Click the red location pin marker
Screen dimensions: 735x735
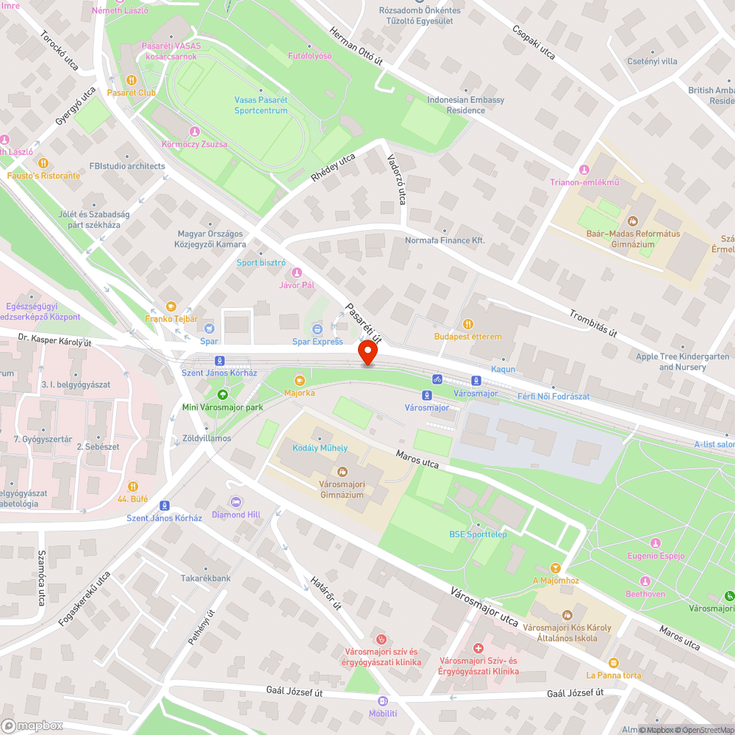click(367, 354)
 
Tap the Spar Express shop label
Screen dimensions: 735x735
click(318, 341)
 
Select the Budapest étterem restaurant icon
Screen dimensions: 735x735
click(468, 324)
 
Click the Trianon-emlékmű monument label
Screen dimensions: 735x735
click(585, 182)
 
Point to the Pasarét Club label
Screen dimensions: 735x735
click(132, 93)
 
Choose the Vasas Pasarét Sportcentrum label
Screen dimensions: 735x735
click(261, 105)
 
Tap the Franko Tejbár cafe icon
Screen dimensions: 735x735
click(171, 306)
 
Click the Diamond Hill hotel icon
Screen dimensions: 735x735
click(237, 502)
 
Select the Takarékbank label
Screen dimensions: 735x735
click(206, 578)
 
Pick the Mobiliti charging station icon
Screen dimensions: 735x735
click(382, 701)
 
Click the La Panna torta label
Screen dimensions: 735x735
click(614, 675)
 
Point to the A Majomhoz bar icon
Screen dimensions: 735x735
click(556, 568)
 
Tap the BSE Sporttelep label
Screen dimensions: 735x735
click(478, 534)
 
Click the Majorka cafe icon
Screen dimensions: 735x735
click(299, 381)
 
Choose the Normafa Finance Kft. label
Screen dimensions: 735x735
click(445, 240)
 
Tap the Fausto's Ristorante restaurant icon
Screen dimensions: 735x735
click(43, 163)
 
